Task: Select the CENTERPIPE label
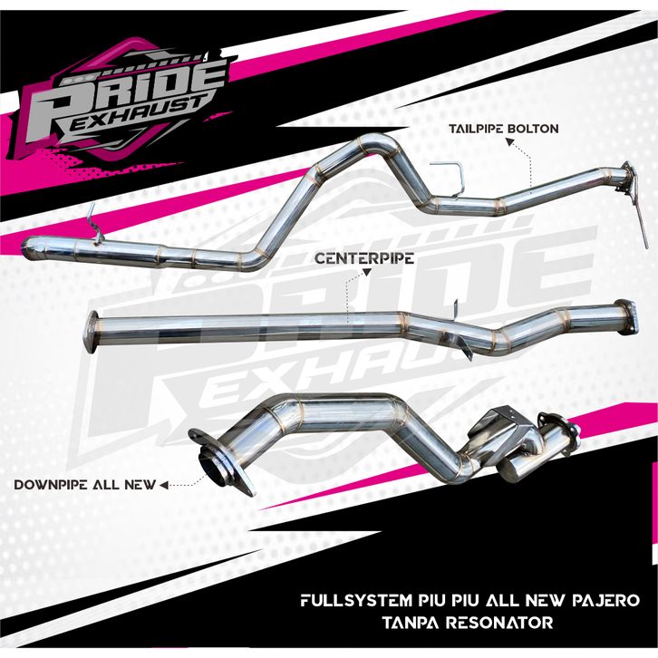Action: click(364, 258)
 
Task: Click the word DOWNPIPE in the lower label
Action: click(46, 485)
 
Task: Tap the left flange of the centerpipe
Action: click(90, 331)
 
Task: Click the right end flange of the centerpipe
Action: click(623, 312)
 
